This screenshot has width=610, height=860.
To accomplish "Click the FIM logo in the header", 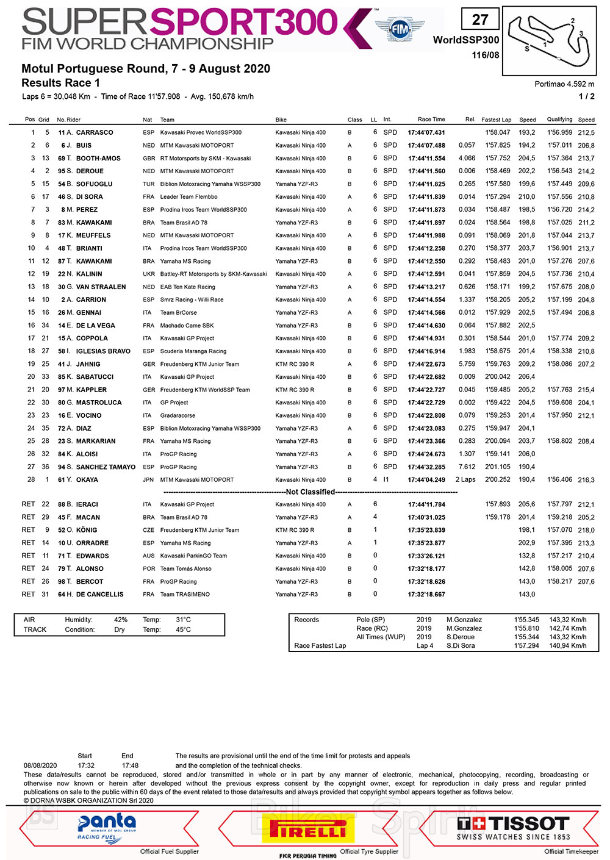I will (400, 29).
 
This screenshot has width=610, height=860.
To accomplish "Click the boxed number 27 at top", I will (480, 20).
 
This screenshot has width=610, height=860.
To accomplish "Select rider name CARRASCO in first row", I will (95, 132).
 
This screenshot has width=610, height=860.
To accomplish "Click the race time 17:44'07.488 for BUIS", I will (426, 145).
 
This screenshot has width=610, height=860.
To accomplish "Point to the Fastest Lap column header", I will (496, 120).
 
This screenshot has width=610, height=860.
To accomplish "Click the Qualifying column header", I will (559, 120).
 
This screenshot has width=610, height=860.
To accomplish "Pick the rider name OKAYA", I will (87, 479).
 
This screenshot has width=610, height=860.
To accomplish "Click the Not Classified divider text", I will (310, 492).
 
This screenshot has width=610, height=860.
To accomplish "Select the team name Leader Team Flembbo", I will (188, 197).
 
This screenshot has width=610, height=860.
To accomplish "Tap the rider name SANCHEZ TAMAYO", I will (106, 467).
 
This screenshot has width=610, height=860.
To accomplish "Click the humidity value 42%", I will (121, 620).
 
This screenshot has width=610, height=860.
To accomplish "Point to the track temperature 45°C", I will (183, 629).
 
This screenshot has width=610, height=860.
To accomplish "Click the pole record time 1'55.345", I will (526, 620).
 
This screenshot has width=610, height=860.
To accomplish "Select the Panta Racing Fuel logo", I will (107, 827).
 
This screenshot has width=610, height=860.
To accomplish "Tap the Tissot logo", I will (513, 827).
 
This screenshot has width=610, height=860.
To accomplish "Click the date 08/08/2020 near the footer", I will (40, 765).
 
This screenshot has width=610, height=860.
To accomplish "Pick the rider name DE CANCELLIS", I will (99, 594).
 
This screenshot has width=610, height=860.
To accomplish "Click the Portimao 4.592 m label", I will (564, 84).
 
